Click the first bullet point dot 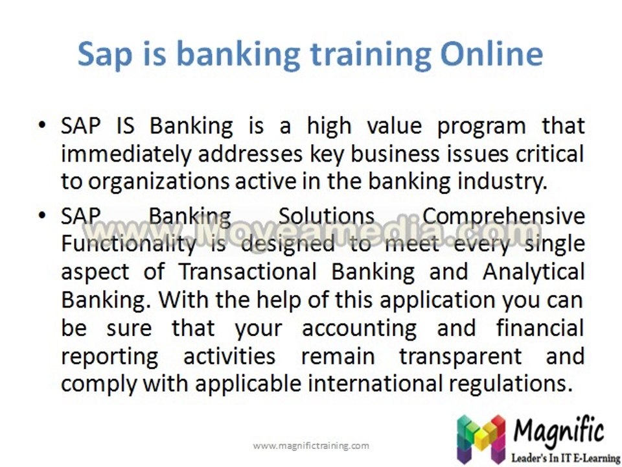(x=42, y=125)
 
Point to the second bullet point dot (x=42, y=215)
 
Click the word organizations (x=158, y=182)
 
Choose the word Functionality (x=128, y=245)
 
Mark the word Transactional (x=248, y=272)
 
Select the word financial (x=540, y=328)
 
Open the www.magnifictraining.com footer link (x=311, y=446)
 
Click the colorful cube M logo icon (x=481, y=439)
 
